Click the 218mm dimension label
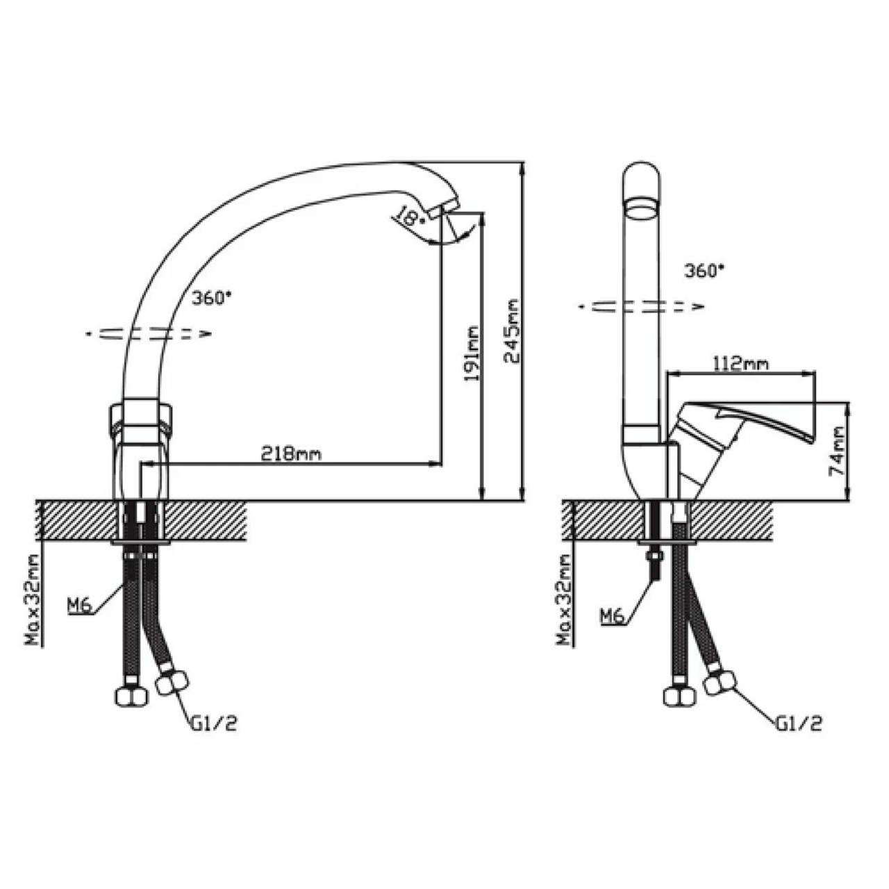click(291, 454)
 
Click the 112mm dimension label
click(741, 363)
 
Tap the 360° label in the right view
click(704, 270)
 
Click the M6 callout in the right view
click(612, 615)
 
